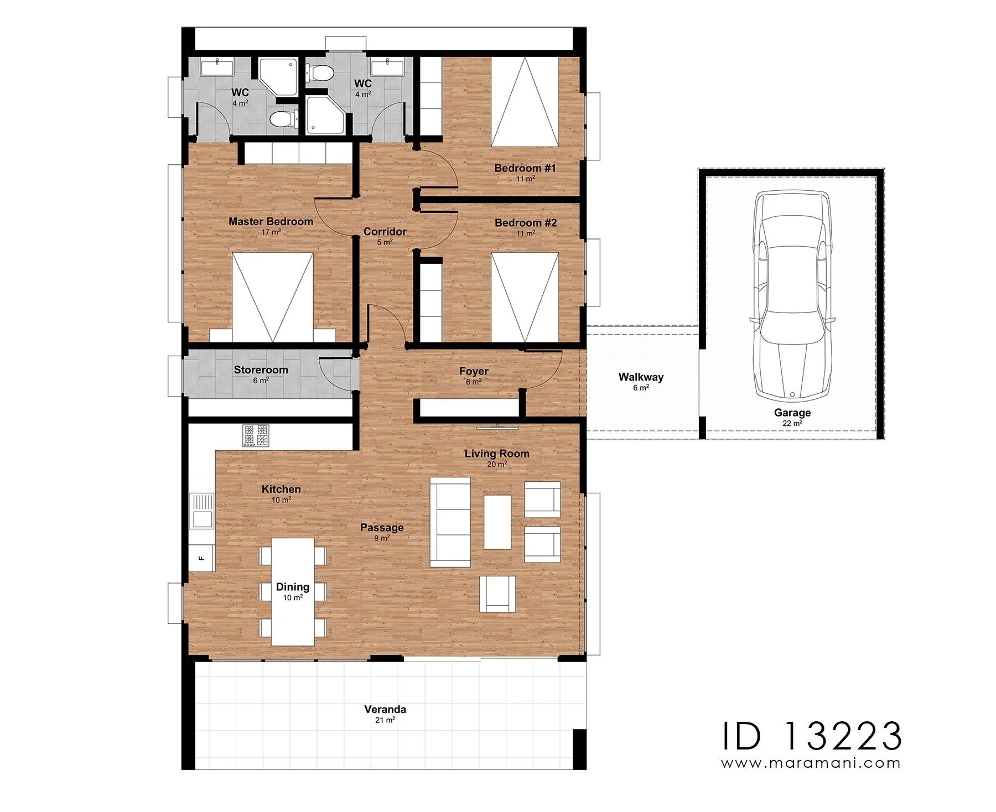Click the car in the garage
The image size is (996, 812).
click(x=792, y=295)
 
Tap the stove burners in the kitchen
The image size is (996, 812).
click(x=256, y=435)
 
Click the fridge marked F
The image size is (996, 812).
click(x=202, y=558)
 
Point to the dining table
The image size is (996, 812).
click(x=293, y=592)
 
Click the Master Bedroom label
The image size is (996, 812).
click(x=271, y=222)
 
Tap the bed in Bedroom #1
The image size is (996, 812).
click(x=525, y=102)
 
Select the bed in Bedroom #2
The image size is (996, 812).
click(x=525, y=297)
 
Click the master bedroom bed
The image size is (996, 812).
click(x=272, y=298)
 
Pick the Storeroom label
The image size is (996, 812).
click(x=261, y=370)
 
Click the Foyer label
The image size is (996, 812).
click(x=474, y=372)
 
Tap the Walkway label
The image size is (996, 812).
click(x=641, y=377)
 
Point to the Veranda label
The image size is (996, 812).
click(x=385, y=709)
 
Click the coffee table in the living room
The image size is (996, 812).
click(x=497, y=522)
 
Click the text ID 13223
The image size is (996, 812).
click(x=812, y=736)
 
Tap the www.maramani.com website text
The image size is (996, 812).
click(x=811, y=763)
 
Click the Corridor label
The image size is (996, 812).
click(x=385, y=232)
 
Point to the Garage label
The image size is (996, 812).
click(x=792, y=413)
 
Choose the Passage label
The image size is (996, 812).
click(x=382, y=528)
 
